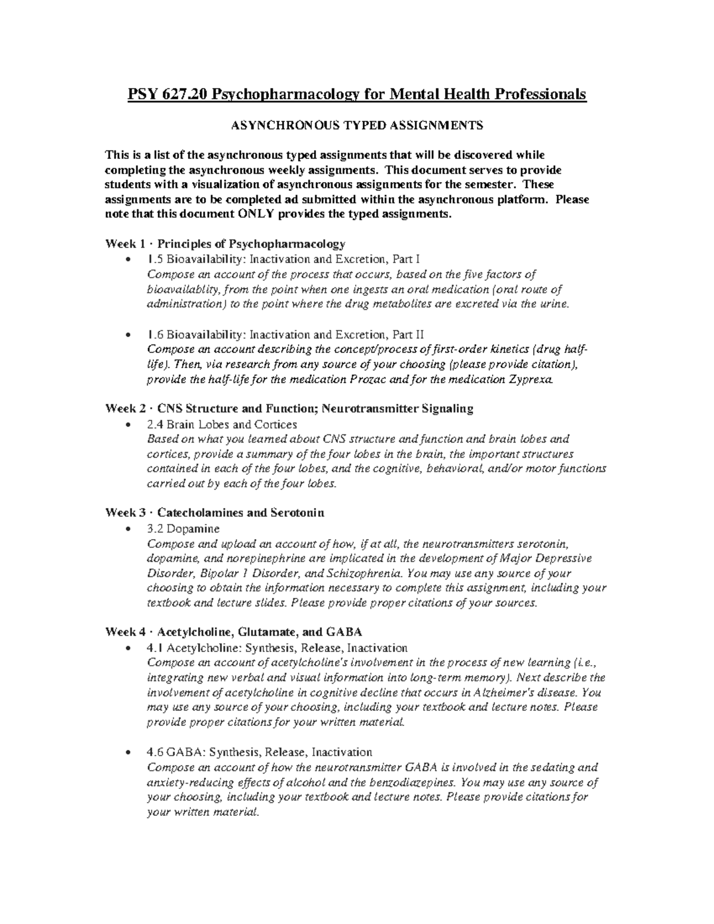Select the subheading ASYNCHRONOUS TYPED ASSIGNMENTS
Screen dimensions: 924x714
(x=357, y=126)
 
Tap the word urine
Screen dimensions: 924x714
(x=555, y=304)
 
